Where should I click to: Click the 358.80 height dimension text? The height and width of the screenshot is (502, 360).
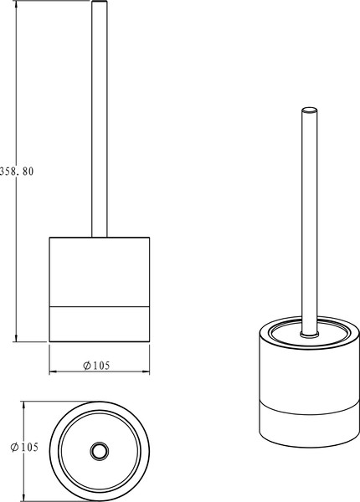click(17, 171)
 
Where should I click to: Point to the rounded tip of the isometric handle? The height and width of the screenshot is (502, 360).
click(310, 109)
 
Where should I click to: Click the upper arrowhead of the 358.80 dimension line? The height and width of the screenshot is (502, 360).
click(16, 5)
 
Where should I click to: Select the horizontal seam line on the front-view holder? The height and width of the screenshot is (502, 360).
click(100, 305)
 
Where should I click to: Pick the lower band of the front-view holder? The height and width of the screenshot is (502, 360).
click(100, 323)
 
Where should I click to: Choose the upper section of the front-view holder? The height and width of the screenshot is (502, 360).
click(100, 272)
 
